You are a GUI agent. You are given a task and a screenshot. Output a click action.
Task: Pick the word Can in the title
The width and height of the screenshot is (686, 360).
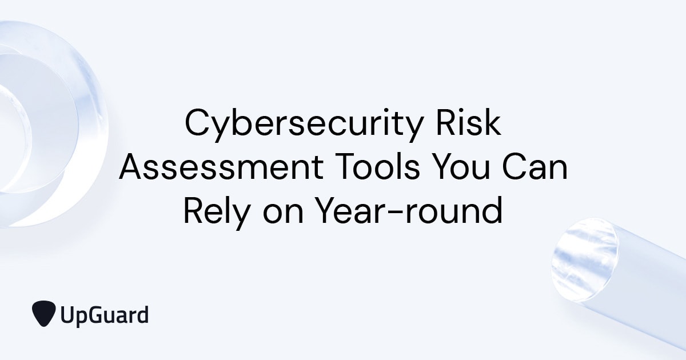535,169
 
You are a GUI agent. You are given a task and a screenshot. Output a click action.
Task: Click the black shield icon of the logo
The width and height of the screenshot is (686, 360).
44,313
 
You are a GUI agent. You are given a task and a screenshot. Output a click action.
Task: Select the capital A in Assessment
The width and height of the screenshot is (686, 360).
130,168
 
